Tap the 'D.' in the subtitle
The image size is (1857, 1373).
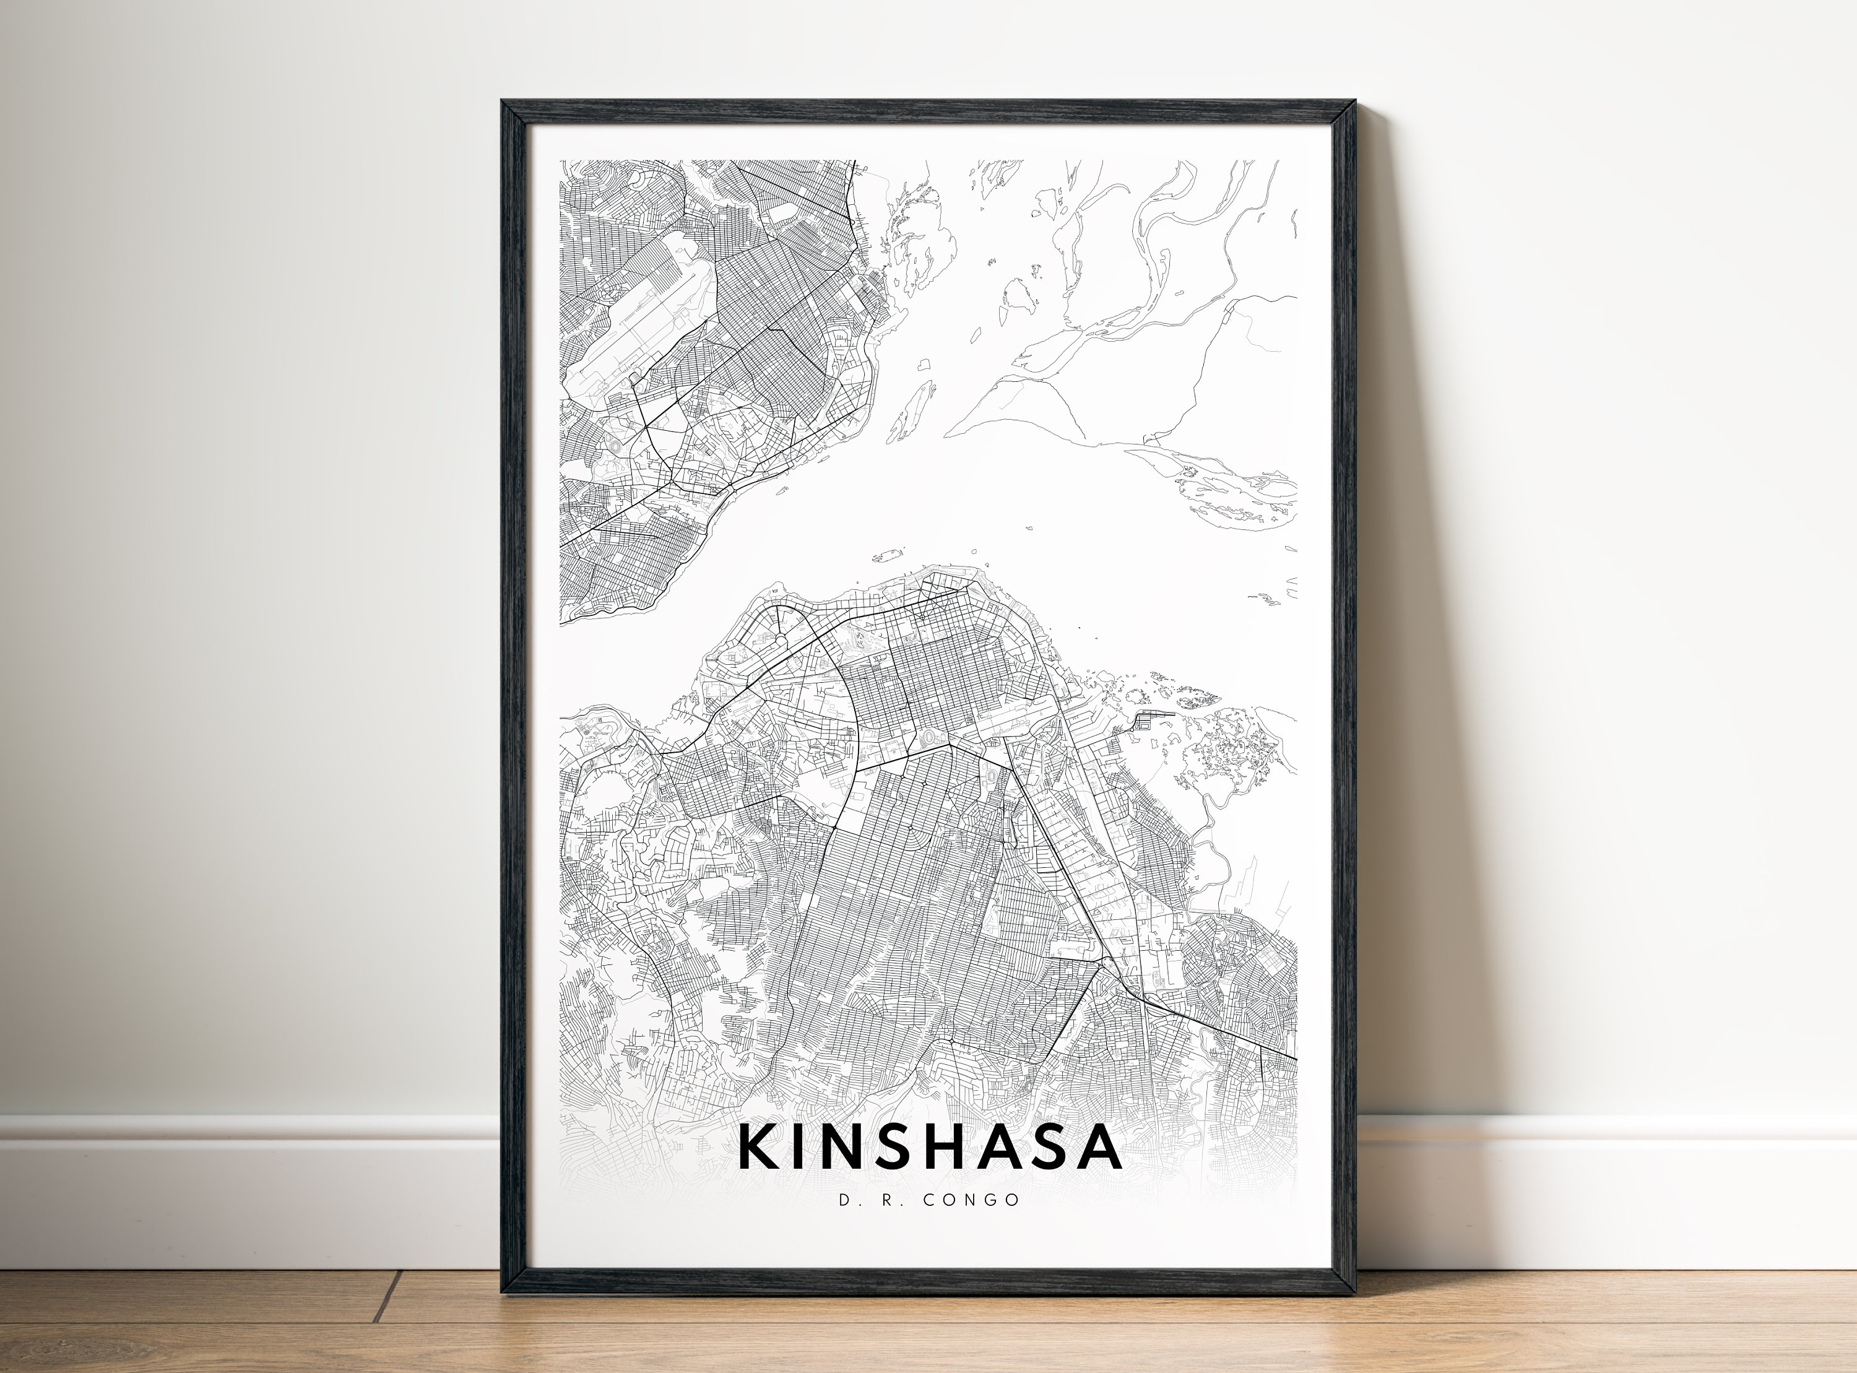click(846, 1200)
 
